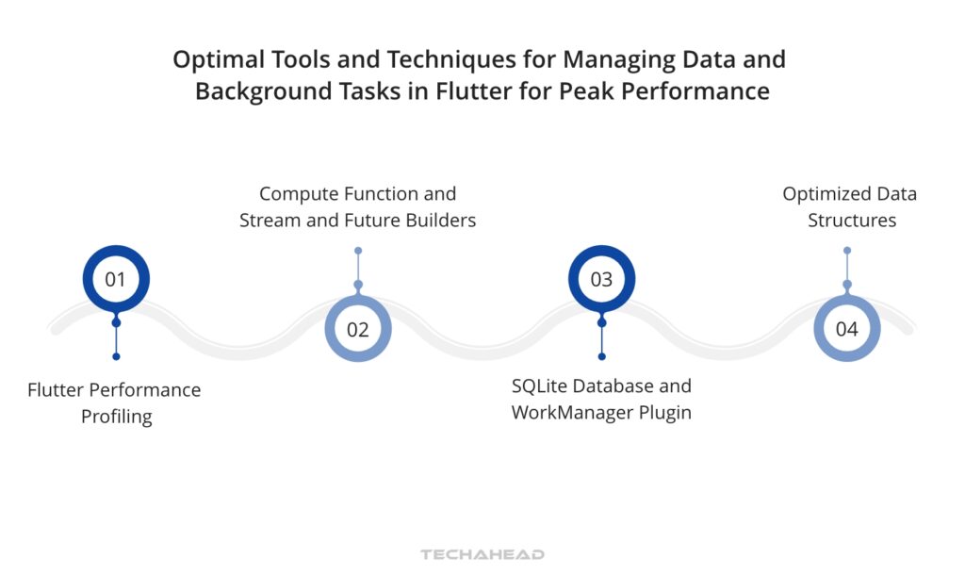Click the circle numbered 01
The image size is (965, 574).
point(116,279)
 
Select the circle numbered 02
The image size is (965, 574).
point(357,329)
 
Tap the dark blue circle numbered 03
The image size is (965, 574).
point(601,279)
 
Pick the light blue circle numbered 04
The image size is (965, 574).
point(846,329)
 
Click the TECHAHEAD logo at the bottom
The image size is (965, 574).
point(482,554)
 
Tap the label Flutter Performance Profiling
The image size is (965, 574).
point(115,402)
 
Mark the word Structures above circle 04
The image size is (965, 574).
point(851,221)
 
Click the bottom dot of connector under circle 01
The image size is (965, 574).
point(116,356)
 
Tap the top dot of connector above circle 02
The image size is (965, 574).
point(358,251)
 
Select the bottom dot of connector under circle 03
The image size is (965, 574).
point(601,356)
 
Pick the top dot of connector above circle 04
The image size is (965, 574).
point(846,251)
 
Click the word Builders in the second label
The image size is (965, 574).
point(441,221)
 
